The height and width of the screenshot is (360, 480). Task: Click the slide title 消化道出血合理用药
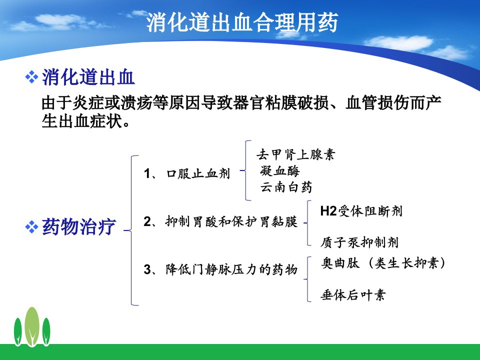pos(242,22)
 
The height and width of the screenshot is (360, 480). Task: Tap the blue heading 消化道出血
pos(88,77)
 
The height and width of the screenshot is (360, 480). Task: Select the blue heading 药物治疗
pos(79,227)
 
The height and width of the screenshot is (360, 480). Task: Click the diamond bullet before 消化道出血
pos(31,77)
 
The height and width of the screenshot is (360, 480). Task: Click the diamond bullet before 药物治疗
pos(31,227)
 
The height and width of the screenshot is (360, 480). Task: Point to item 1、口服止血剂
pos(186,173)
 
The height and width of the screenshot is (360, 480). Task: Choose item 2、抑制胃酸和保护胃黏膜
pos(220,221)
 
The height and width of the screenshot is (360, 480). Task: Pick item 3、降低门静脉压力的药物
pos(220,269)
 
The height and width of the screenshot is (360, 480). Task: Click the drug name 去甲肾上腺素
pos(295,154)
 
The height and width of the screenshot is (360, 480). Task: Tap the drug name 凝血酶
pos(280,171)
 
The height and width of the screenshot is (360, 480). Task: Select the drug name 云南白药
pos(286,187)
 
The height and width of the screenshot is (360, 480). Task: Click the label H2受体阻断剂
pos(361,211)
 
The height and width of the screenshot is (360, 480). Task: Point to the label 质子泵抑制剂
pos(359,242)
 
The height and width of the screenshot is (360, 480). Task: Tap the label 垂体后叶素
pos(352,295)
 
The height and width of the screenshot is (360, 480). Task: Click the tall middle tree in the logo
pos(32,326)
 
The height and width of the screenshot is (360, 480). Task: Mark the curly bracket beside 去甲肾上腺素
pos(246,170)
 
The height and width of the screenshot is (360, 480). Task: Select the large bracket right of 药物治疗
pos(131,230)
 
